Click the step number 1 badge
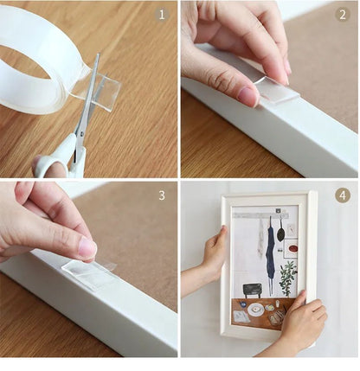161,15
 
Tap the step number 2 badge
342,15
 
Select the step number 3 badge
161,195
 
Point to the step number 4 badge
342,195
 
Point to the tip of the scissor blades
96,57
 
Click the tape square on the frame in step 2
275,90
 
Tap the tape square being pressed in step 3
88,273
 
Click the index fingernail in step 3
87,248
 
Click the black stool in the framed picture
253,289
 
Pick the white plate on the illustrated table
256,309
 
